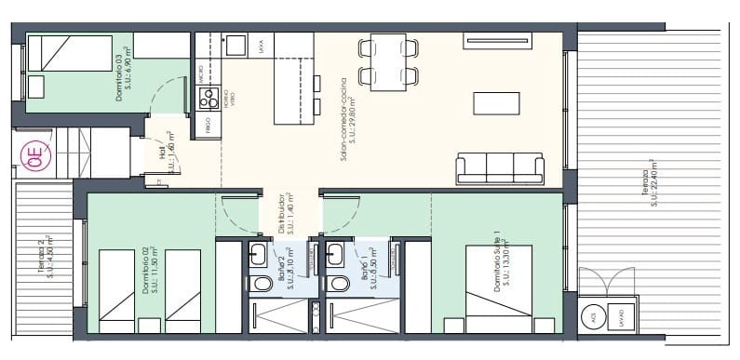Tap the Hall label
[x=167, y=151]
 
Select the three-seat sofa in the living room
[x=500, y=169]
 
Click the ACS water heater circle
[x=593, y=317]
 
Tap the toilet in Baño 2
[x=257, y=285]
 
